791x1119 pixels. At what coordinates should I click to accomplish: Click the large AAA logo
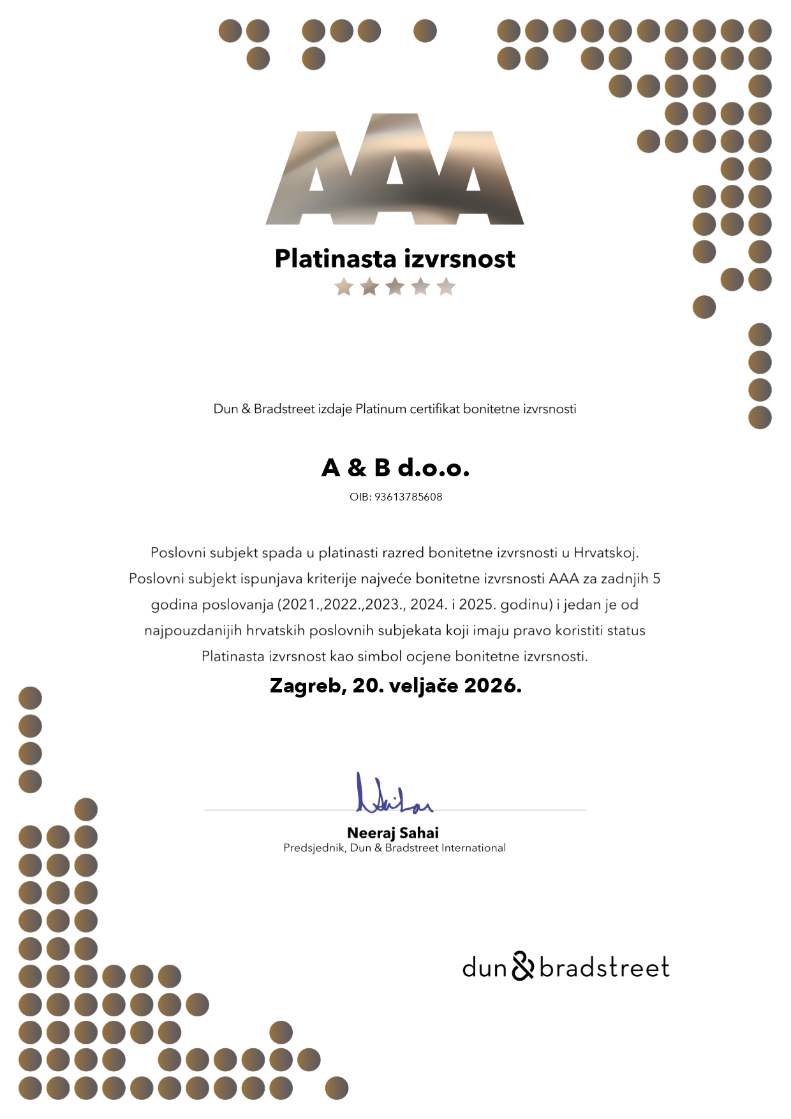pyautogui.click(x=395, y=171)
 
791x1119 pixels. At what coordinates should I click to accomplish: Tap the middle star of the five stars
pyautogui.click(x=395, y=287)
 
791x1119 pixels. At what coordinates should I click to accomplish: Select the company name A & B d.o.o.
pyautogui.click(x=395, y=468)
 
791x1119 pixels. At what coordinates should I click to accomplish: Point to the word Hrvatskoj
pyautogui.click(x=606, y=553)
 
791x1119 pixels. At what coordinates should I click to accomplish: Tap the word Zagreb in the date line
pyautogui.click(x=307, y=685)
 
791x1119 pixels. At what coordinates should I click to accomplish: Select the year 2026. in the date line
pyautogui.click(x=493, y=685)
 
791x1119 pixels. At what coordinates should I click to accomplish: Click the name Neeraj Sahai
pyautogui.click(x=393, y=833)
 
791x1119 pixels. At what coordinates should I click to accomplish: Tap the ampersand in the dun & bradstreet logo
pyautogui.click(x=522, y=967)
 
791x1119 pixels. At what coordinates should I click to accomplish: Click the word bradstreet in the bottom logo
pyautogui.click(x=604, y=967)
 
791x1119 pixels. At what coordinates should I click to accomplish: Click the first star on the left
pyautogui.click(x=344, y=287)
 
